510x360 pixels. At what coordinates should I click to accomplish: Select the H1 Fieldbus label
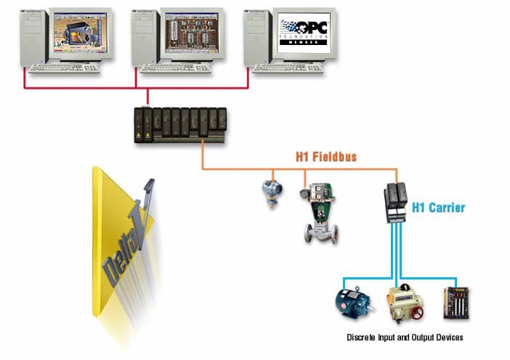pos(326,156)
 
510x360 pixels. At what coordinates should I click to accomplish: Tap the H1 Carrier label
pos(438,208)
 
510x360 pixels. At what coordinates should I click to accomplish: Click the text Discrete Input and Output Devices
pos(405,337)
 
